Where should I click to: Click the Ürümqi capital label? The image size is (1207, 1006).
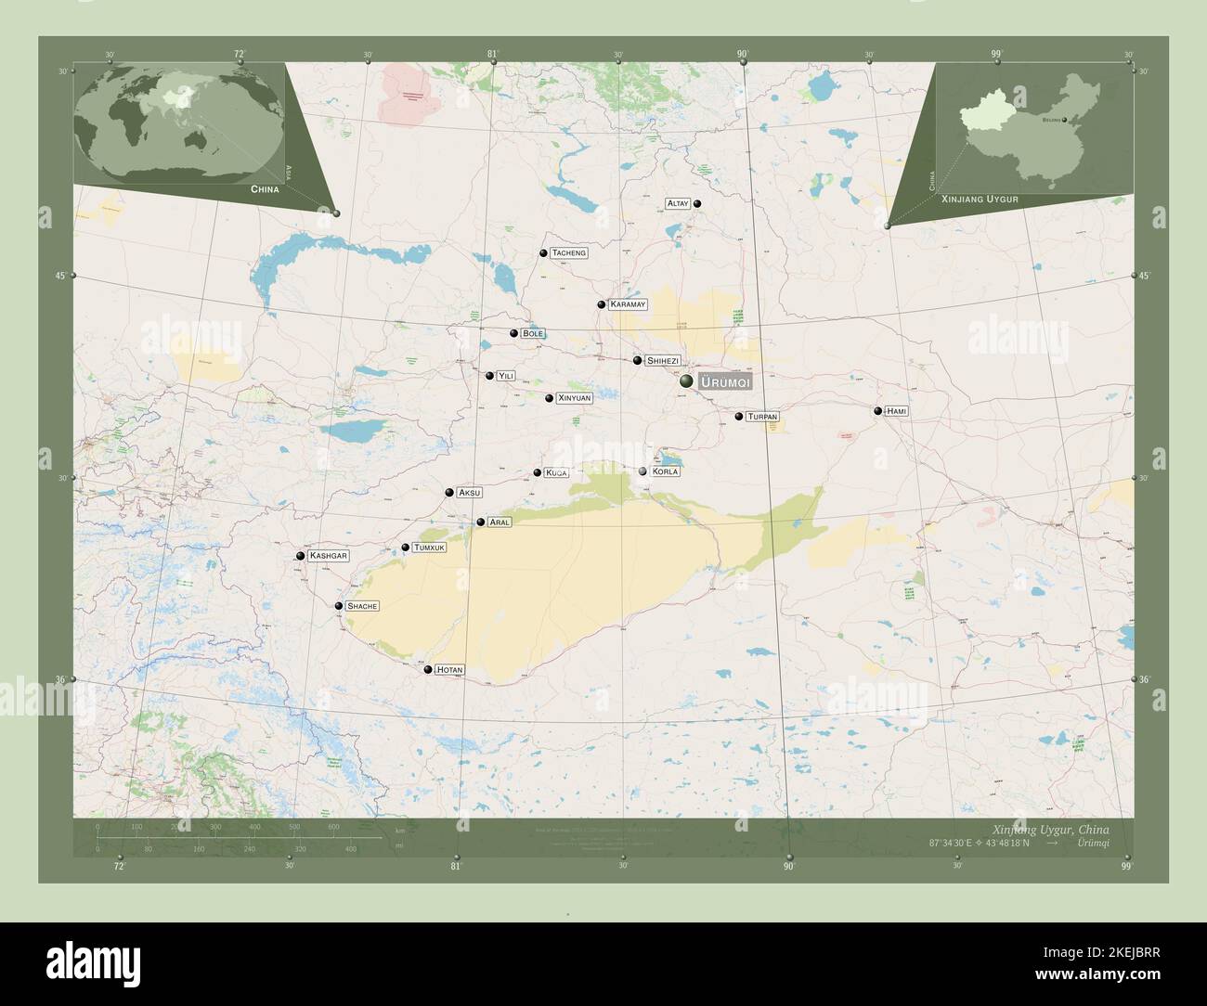coord(725,382)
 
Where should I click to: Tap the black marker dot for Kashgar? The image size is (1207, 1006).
coord(300,556)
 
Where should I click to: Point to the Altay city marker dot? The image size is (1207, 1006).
coord(697,204)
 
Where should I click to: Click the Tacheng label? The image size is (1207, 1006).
coord(568,253)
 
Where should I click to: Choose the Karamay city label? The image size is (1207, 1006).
coord(629,304)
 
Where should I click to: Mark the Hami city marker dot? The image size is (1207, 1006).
coord(877,410)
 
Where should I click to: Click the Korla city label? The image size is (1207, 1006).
coord(665,471)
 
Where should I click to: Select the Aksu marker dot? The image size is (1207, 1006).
coord(449,493)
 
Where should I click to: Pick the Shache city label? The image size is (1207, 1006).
coord(362,606)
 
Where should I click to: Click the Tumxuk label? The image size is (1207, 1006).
coord(430,548)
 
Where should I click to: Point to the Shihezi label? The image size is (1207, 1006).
coord(663,360)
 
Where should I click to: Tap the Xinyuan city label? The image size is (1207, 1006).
coord(574,398)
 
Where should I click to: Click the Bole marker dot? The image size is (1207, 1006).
coord(513,333)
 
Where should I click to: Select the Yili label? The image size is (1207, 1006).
coord(505,376)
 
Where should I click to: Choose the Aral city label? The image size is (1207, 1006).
coord(500,522)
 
